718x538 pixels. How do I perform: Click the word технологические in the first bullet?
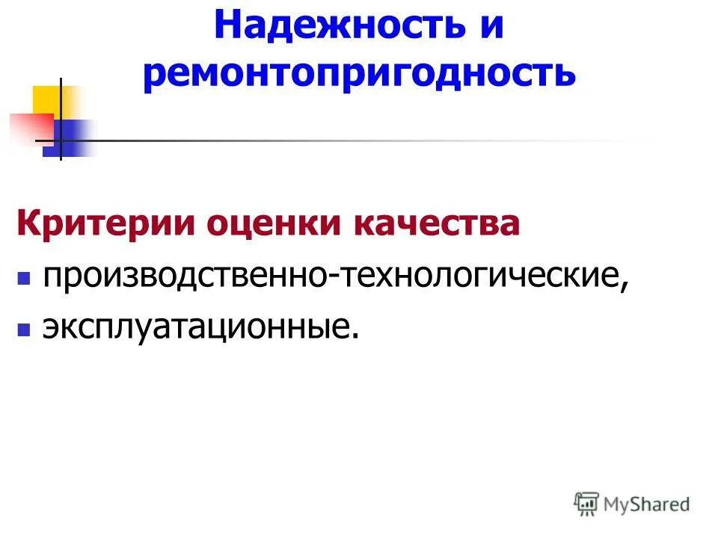pos(479,277)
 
